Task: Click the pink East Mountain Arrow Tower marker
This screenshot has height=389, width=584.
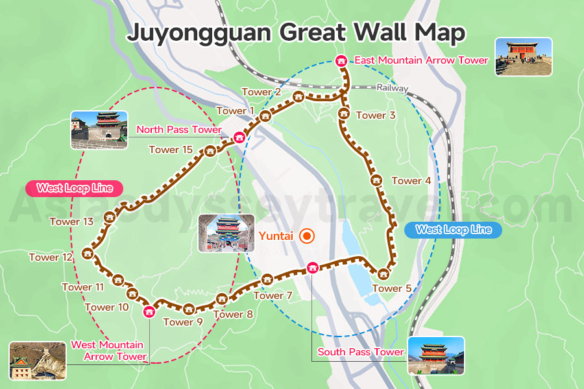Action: tap(341, 61)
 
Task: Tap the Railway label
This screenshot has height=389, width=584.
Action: tap(392, 88)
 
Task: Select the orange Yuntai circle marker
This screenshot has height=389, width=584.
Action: tap(307, 236)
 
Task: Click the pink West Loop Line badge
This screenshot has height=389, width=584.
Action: tap(74, 189)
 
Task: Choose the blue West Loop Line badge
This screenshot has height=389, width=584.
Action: tap(453, 230)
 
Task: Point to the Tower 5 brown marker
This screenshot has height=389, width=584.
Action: tap(383, 274)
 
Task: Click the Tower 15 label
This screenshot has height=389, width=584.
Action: tap(171, 150)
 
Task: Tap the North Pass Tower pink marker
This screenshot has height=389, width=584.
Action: tap(239, 137)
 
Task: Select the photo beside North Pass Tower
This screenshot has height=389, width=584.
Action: tap(99, 130)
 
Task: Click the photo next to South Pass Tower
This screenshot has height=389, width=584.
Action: tap(436, 355)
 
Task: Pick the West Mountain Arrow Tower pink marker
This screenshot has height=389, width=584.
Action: tap(149, 311)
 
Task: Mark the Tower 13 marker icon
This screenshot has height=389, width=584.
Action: tap(110, 217)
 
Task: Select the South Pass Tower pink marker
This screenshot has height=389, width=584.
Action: tap(312, 267)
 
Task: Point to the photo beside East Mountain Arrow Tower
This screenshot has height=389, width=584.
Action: tap(523, 56)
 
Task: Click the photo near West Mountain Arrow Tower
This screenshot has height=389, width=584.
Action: tap(38, 360)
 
